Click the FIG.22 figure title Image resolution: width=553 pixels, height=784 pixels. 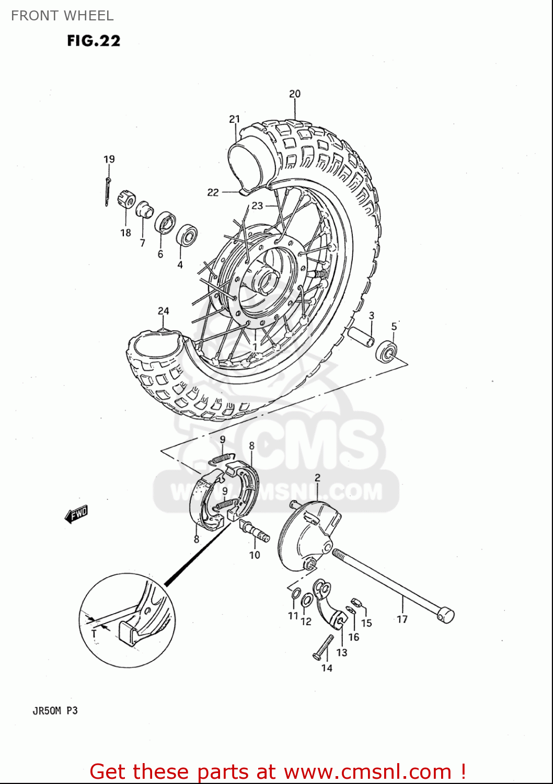pos(94,41)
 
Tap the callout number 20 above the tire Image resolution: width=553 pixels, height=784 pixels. pos(295,94)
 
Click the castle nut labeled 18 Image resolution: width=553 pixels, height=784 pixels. pos(127,199)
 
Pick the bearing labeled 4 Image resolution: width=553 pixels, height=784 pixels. pos(186,235)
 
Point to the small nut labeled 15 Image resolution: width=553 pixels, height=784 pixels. pos(355,603)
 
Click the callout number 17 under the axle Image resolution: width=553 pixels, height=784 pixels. pos(402,619)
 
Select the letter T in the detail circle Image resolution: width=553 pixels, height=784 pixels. pos(94,633)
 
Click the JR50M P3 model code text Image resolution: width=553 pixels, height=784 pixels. pos(55,711)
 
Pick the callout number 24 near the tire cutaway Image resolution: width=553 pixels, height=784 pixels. pos(164,311)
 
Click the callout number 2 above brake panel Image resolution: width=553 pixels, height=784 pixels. pos(317,477)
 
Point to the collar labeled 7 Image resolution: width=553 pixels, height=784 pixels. pos(145,211)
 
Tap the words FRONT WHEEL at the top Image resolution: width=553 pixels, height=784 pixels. pos(62,16)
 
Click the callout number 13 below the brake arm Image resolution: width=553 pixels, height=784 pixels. pos(341,652)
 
